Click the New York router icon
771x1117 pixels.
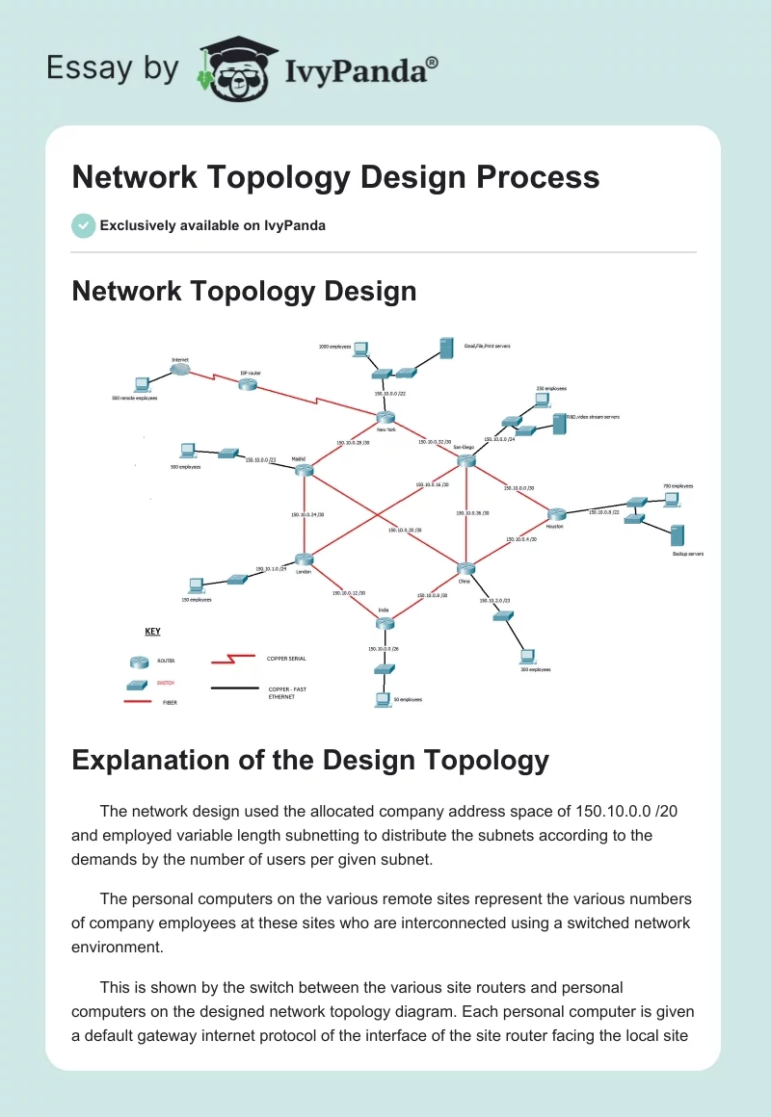(x=386, y=417)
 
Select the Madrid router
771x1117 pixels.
(x=306, y=470)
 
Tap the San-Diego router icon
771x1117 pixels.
(x=466, y=461)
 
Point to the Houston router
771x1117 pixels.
(x=555, y=514)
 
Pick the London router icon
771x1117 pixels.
(x=305, y=559)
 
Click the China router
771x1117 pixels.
(x=465, y=569)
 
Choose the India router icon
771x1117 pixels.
(x=385, y=623)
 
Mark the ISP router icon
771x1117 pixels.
(x=248, y=384)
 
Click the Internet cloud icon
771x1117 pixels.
(x=180, y=370)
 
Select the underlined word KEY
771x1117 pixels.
(x=152, y=632)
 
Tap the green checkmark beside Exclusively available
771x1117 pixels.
(x=83, y=225)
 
